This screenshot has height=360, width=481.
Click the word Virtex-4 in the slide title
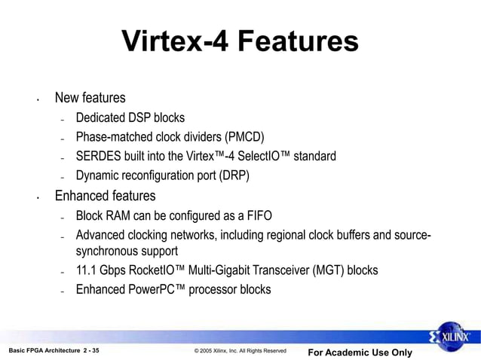[x=174, y=41]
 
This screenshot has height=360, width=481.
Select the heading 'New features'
[x=90, y=98]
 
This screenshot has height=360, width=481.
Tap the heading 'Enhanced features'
[x=105, y=197]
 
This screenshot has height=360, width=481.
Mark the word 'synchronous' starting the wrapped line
[x=106, y=251]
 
